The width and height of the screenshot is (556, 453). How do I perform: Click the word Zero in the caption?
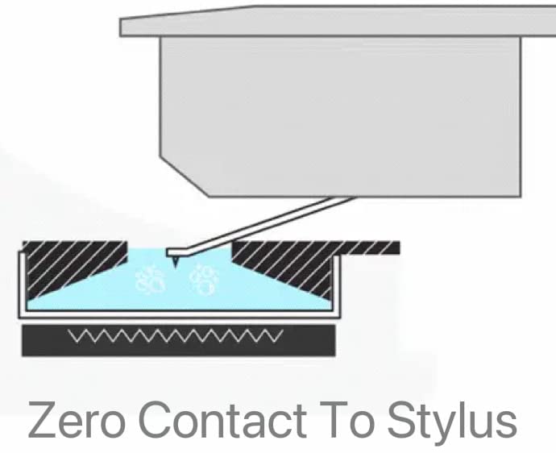(x=77, y=420)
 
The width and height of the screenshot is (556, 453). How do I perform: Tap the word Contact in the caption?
(x=222, y=420)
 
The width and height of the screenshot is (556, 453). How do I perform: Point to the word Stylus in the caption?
(x=452, y=422)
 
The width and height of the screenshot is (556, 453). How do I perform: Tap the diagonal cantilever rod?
(x=260, y=226)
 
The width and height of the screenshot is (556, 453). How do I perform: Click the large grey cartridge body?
(x=340, y=116)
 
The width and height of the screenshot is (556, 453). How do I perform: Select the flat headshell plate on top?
(x=338, y=21)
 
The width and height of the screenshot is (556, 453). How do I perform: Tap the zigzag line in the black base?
(x=176, y=336)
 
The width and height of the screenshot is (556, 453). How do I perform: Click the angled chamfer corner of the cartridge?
(x=185, y=176)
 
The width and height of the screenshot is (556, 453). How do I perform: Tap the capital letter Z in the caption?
(x=41, y=420)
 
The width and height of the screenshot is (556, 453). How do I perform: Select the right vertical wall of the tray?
(x=337, y=286)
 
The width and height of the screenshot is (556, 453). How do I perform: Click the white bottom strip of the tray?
(x=180, y=315)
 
